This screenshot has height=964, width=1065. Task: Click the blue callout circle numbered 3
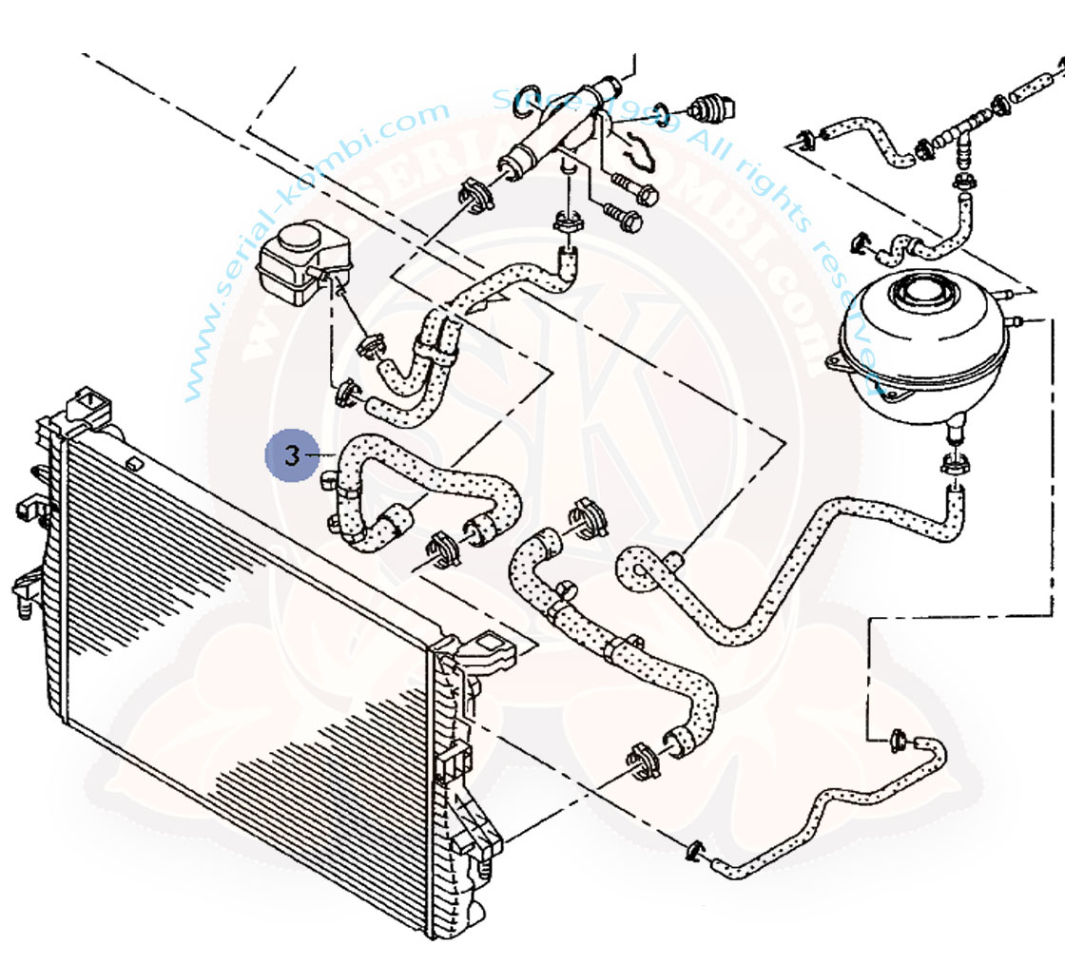click(x=292, y=455)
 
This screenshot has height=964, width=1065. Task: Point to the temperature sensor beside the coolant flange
click(x=708, y=106)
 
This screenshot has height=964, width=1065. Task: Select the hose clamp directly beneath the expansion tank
click(x=954, y=465)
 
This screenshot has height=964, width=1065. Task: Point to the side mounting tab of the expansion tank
click(x=835, y=361)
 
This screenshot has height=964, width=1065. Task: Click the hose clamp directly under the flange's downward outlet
click(x=568, y=224)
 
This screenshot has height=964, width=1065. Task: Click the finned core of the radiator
click(x=238, y=646)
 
